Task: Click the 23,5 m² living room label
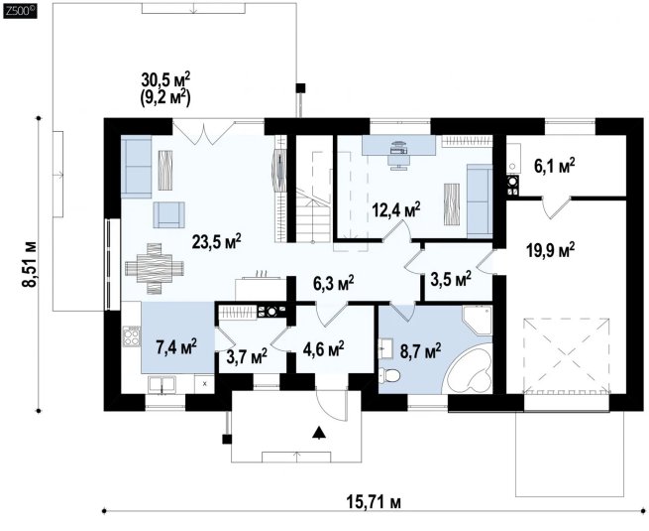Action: click(x=216, y=241)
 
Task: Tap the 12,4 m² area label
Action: click(x=396, y=209)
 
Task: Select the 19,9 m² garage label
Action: click(x=551, y=250)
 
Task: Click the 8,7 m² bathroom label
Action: click(x=420, y=350)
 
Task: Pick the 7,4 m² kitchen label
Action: click(x=176, y=346)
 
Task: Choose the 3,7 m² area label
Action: click(x=247, y=355)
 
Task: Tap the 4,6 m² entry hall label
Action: click(x=324, y=349)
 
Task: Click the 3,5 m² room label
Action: click(x=451, y=279)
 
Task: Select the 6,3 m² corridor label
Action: click(x=334, y=284)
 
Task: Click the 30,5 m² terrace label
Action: click(x=165, y=78)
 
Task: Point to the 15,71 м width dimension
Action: click(x=374, y=502)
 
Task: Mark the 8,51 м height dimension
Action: click(x=30, y=264)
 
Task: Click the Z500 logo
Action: click(x=20, y=11)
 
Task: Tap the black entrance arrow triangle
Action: click(x=318, y=432)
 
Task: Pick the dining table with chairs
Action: click(x=155, y=269)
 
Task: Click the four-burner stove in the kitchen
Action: click(x=132, y=335)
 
